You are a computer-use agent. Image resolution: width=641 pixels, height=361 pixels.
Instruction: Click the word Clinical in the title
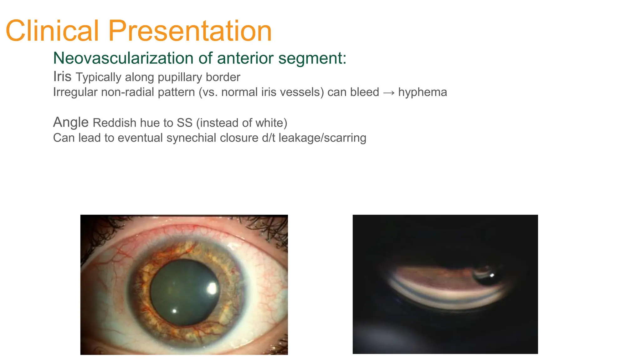coord(52,31)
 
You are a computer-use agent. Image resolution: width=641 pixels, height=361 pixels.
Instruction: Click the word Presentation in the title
coord(190,31)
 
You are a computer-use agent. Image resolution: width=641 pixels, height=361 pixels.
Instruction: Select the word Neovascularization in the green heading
coord(123,58)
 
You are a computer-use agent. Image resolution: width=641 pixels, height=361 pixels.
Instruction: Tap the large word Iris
coord(62,76)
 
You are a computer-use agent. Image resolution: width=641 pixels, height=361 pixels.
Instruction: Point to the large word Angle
coord(71,122)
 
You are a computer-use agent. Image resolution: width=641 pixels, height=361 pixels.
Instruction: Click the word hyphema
coord(423,92)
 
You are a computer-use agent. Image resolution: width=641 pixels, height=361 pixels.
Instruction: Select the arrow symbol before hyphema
coord(388,92)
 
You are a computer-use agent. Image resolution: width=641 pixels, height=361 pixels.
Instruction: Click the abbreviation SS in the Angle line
coord(184,123)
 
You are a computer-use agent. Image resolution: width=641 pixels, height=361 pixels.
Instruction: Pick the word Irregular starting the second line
coord(75,92)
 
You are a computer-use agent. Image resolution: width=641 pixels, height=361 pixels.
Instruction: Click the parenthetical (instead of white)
coord(242,123)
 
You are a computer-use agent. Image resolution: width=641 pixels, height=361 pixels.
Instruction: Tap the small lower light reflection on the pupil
coord(175,311)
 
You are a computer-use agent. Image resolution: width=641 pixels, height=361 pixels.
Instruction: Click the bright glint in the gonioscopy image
coord(492,275)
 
